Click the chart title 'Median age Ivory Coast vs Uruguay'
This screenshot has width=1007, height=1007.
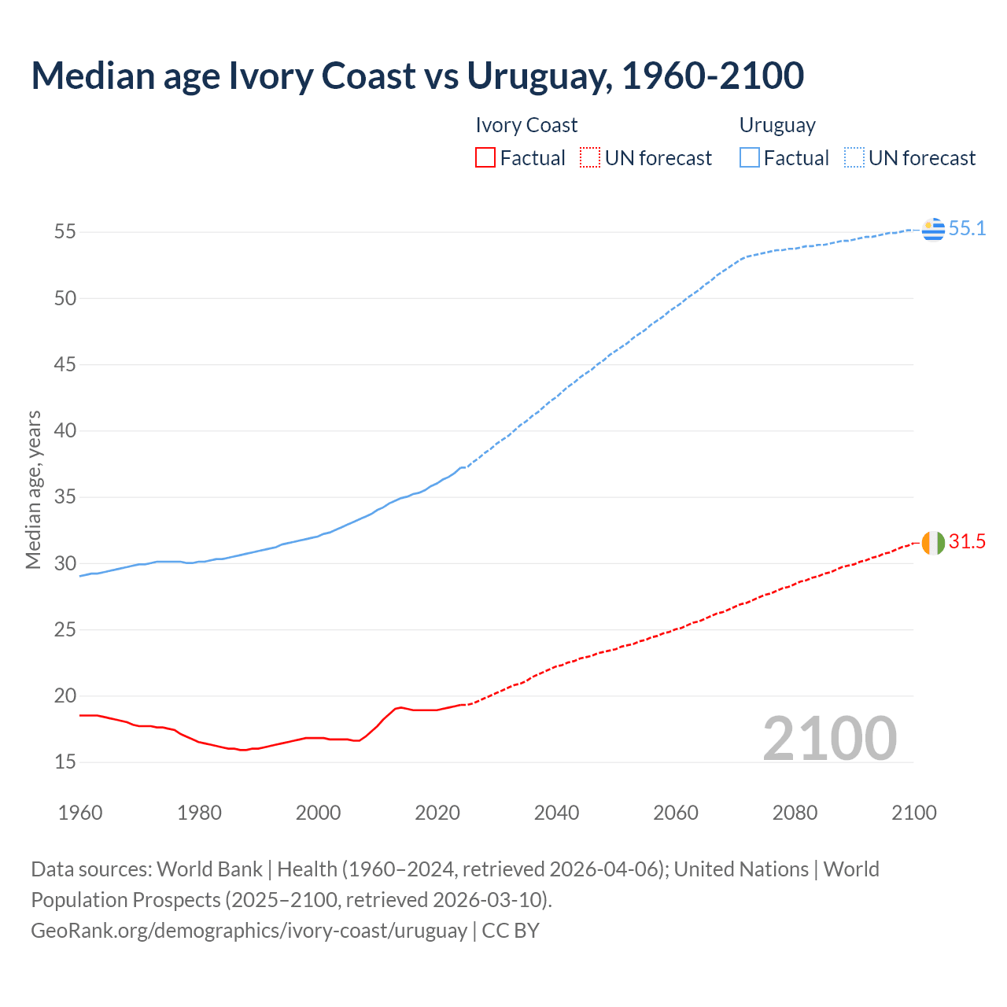click(x=417, y=76)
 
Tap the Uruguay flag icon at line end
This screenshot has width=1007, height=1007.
click(x=933, y=229)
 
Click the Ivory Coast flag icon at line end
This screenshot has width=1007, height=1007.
click(x=933, y=543)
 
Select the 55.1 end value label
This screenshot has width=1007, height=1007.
click(x=967, y=229)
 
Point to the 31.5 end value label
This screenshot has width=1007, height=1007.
click(x=967, y=542)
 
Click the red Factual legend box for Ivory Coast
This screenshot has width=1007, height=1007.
click(x=485, y=158)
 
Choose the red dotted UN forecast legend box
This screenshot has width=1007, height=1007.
click(x=590, y=158)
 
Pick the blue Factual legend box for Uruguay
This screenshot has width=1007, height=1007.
click(x=750, y=158)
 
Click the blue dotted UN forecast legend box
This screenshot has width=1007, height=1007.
click(x=854, y=158)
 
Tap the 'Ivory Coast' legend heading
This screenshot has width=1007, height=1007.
click(x=526, y=125)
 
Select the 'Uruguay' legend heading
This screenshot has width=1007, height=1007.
click(x=777, y=125)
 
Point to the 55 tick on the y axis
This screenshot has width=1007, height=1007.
click(x=65, y=232)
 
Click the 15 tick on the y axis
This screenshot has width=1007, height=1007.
click(x=65, y=762)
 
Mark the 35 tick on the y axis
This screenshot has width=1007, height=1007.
click(x=65, y=497)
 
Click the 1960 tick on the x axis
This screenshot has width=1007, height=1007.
click(x=80, y=813)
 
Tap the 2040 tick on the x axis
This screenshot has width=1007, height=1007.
click(x=556, y=813)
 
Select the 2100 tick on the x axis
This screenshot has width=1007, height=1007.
click(x=913, y=813)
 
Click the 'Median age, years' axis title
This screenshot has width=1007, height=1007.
click(x=33, y=489)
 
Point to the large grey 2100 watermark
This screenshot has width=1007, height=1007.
click(x=829, y=738)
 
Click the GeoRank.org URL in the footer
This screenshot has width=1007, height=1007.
click(x=249, y=930)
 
